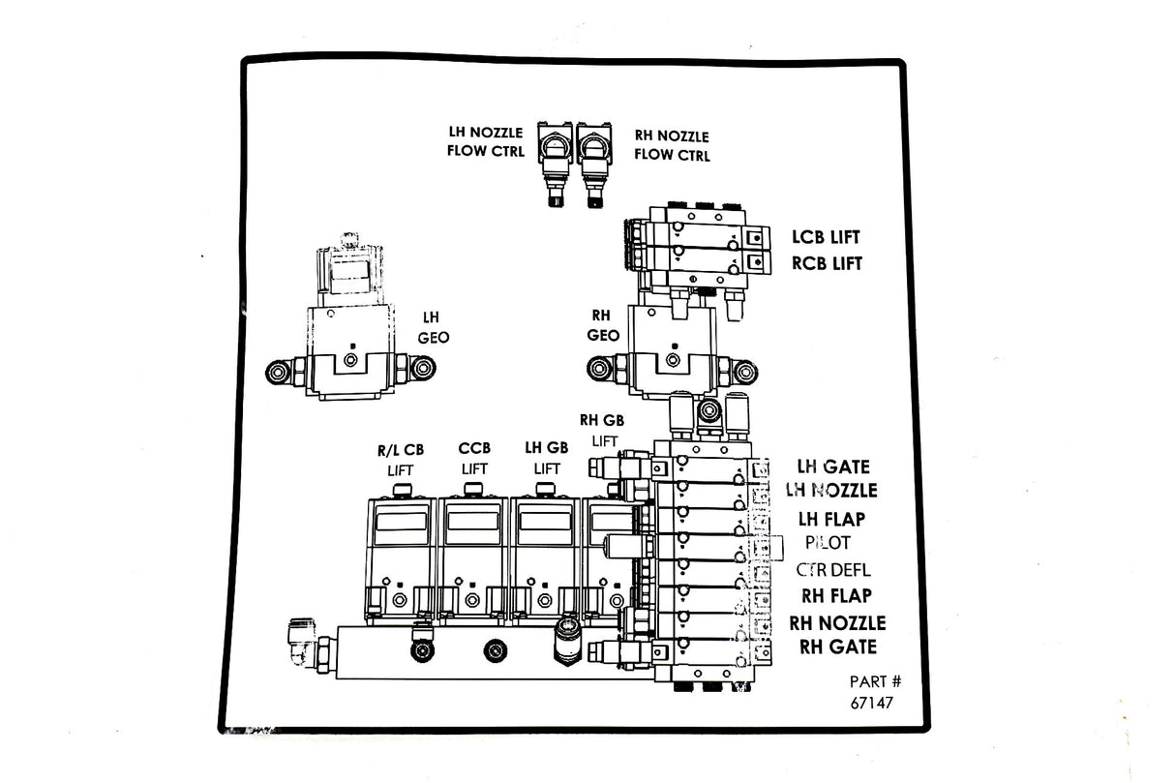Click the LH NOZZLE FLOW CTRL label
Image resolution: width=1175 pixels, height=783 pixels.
[485, 141]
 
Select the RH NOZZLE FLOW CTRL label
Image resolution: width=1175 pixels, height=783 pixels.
[672, 145]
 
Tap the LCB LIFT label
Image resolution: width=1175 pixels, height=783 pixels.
[826, 236]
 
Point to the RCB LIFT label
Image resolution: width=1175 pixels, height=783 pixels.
[827, 262]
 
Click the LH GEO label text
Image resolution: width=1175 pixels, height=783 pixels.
[433, 328]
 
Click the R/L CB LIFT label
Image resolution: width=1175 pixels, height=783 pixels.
[401, 460]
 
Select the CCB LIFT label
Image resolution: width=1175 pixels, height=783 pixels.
[474, 458]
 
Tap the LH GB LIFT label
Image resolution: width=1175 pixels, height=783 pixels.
[547, 458]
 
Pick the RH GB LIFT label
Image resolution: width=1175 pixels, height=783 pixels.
[602, 430]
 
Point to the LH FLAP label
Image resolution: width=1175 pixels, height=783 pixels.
[831, 519]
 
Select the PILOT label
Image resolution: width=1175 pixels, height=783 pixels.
[827, 543]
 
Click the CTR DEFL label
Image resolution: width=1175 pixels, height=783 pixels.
[833, 569]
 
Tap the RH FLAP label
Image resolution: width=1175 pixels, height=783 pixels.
[836, 595]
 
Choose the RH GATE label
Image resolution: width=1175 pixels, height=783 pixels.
[838, 647]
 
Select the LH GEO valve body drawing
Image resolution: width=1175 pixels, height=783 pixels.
[350, 329]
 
